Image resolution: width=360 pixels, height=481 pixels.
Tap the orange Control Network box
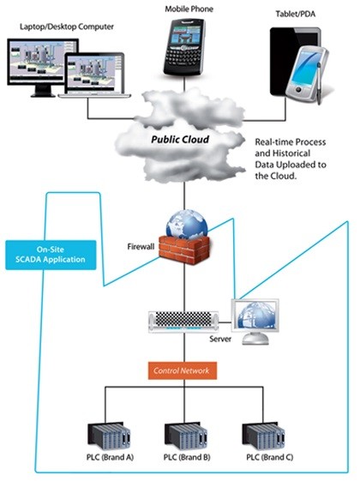(x=181, y=370)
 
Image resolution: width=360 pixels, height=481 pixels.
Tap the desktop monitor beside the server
(x=256, y=316)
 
